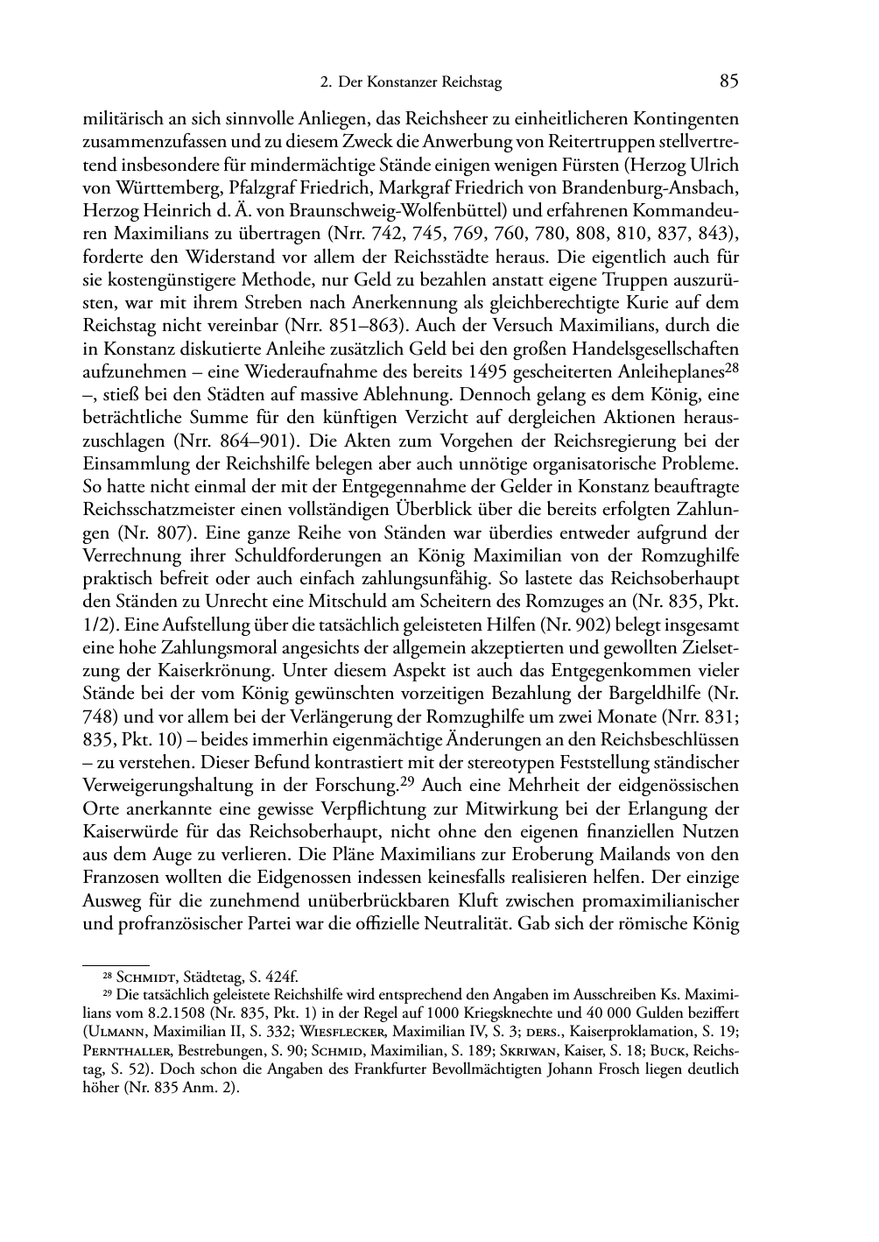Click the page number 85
click(728, 81)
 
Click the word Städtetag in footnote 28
click(214, 977)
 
